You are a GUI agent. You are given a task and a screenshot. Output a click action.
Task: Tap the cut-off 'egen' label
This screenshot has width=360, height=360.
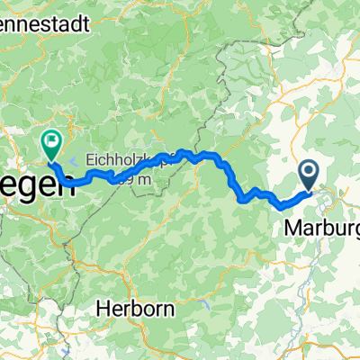point(38,187)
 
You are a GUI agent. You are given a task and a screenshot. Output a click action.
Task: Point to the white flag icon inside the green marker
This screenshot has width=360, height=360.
point(49,139)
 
